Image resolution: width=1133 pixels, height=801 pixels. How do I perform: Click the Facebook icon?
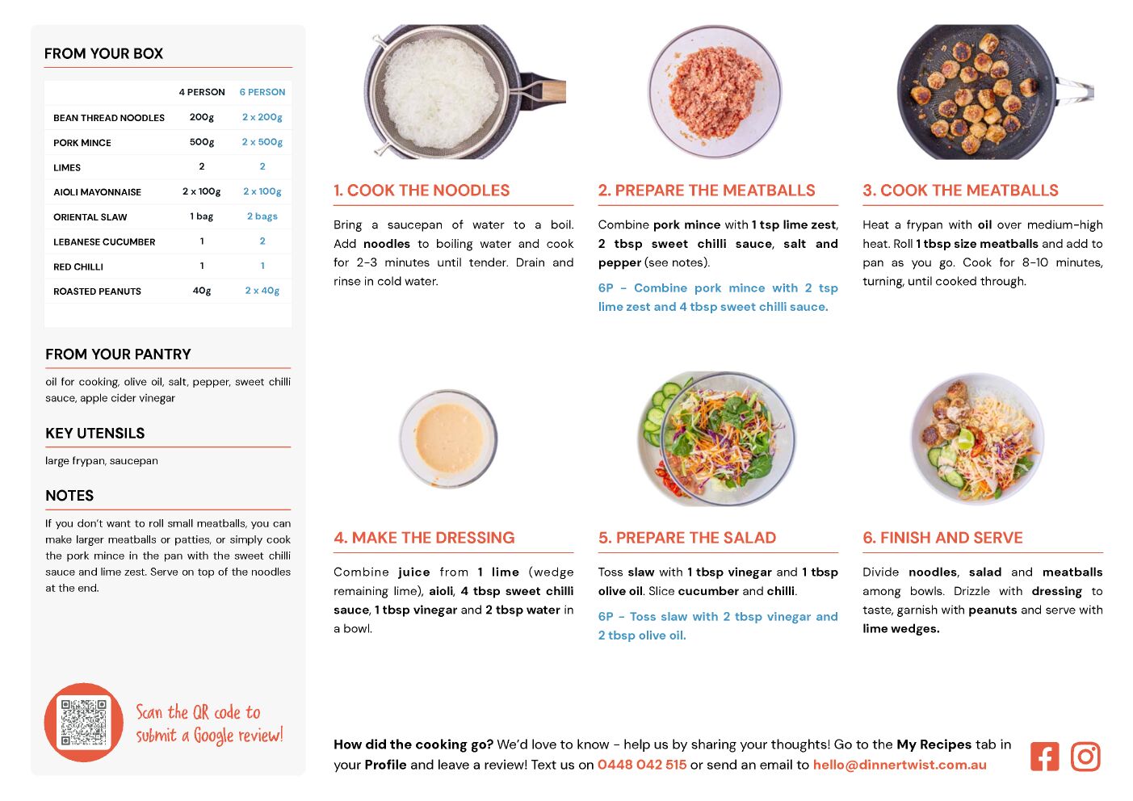pos(1044,757)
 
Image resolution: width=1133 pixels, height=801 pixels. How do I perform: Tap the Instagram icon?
pos(1085,757)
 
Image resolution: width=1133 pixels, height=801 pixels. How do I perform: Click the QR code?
pos(84,723)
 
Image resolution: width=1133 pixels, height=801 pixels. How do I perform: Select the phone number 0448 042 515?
pos(642,765)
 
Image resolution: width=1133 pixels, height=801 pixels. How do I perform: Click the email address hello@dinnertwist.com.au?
pos(900,765)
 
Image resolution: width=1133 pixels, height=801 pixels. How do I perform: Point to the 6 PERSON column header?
pos(262,92)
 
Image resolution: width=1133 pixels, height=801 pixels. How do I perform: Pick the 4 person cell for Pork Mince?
pos(202,142)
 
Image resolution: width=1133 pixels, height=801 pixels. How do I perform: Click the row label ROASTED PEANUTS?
pos(97,291)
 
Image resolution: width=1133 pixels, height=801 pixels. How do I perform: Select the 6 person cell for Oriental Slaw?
pos(262,216)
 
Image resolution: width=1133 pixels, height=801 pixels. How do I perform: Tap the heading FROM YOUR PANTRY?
pos(118,354)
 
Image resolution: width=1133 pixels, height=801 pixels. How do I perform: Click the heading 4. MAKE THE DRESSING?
pos(424,538)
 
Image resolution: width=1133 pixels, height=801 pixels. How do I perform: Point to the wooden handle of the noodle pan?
pos(554,91)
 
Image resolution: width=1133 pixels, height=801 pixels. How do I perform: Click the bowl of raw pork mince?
pos(715,91)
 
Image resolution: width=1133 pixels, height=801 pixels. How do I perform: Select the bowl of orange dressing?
pos(448,438)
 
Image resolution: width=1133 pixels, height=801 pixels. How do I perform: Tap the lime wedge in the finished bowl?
pos(966,438)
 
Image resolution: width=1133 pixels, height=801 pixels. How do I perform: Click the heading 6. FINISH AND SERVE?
pos(942,538)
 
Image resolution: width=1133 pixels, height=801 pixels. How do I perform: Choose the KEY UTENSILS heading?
pos(95,434)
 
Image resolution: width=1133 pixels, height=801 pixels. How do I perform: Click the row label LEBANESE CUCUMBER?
pos(104,241)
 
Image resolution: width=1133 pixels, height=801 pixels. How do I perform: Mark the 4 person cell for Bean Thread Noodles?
pos(202,117)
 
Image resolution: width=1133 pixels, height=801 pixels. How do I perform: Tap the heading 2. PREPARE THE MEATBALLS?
pos(707,190)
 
